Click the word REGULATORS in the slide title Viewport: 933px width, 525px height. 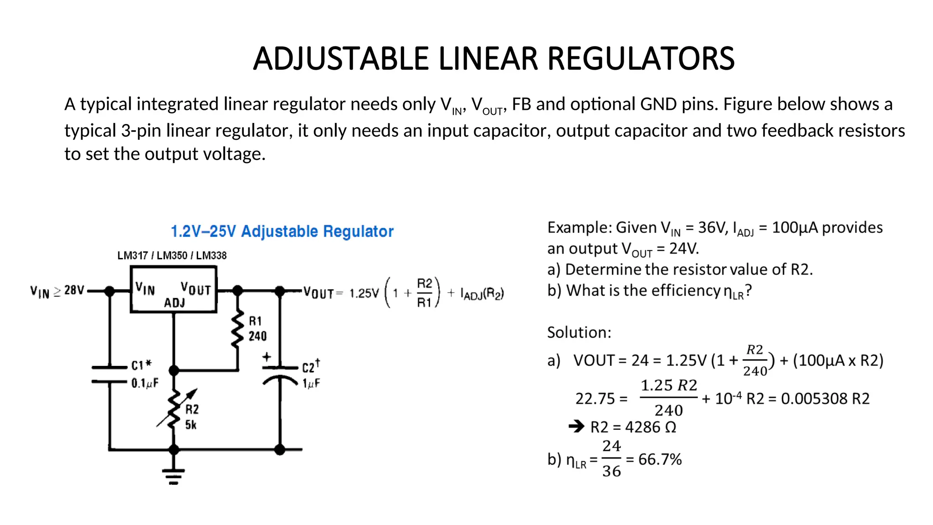click(641, 59)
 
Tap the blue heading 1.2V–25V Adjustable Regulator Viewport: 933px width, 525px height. click(282, 232)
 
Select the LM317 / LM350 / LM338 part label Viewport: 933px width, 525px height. click(172, 256)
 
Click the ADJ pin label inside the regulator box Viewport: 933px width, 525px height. click(174, 303)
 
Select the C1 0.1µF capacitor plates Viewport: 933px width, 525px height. click(109, 374)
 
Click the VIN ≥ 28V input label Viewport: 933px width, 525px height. click(57, 291)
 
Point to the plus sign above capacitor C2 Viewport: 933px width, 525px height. click(267, 357)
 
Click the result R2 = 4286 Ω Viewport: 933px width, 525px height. click(633, 427)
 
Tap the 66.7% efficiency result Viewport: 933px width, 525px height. click(660, 459)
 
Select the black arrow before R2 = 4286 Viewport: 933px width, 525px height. click(576, 427)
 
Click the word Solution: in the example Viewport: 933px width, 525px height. click(579, 333)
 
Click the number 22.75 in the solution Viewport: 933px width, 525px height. click(595, 399)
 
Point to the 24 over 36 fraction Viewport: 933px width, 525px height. click(611, 458)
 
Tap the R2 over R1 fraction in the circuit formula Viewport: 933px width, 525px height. click(424, 293)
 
